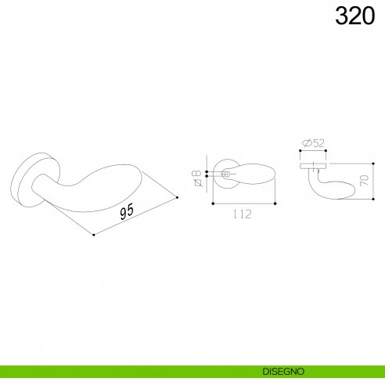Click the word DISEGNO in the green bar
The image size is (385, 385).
pos(284,370)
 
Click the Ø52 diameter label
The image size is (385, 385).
pos(313,142)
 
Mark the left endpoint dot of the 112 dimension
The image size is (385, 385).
pos(212,203)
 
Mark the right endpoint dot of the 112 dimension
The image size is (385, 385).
pos(275,203)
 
